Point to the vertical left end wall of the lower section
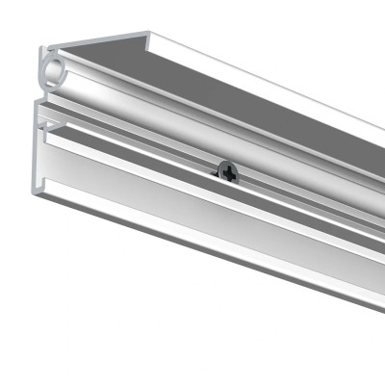(38, 154)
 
